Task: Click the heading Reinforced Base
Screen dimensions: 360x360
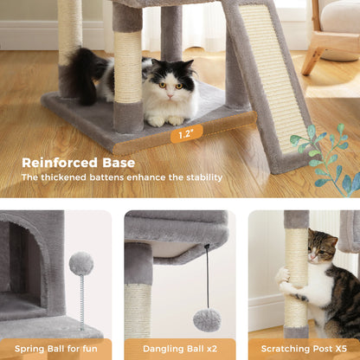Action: coord(79,162)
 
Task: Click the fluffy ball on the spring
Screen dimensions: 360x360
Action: coord(81,263)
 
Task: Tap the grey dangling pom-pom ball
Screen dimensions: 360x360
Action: coord(207,319)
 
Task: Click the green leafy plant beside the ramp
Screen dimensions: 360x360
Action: coord(324,160)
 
